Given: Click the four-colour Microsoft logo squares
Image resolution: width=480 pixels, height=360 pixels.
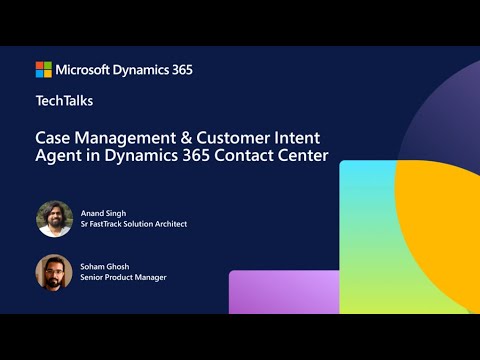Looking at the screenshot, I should [x=44, y=69].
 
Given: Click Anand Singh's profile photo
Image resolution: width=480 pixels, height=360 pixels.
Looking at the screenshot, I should [x=54, y=218].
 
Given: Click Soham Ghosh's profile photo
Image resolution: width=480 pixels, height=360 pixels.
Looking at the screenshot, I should [x=54, y=271].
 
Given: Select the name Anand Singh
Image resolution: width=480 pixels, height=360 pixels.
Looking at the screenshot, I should [x=104, y=211].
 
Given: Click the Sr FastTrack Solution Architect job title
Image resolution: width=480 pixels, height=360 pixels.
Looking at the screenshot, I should [x=133, y=224].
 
